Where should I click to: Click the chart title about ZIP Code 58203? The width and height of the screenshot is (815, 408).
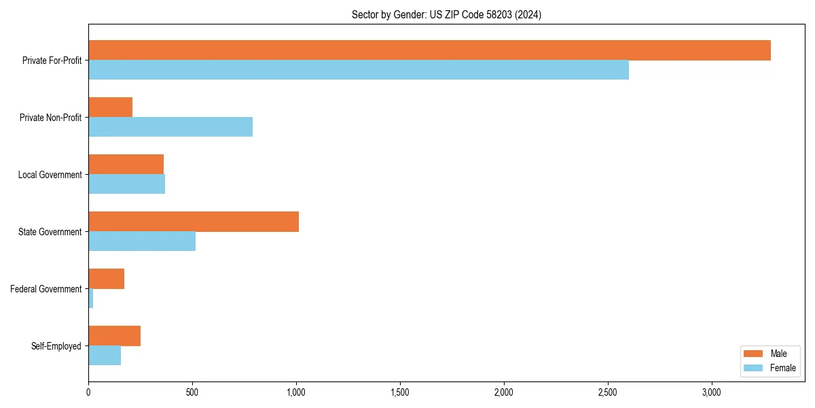pos(446,14)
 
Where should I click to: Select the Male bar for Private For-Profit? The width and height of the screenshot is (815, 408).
pos(429,50)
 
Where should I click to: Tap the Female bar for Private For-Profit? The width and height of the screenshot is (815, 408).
pos(359,70)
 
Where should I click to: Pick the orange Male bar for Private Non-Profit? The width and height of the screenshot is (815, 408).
pos(110,107)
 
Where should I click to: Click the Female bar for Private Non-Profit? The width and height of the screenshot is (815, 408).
pos(170,127)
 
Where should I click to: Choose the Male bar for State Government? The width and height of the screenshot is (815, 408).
pos(194,222)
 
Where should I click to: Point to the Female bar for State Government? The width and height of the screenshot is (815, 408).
pos(142,241)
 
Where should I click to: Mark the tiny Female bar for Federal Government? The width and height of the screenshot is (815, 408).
pos(91,299)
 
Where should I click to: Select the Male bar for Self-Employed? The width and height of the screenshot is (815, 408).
pos(114,336)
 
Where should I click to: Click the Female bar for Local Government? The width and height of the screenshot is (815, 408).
pos(126,184)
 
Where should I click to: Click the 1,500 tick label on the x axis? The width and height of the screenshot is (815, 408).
pos(400,392)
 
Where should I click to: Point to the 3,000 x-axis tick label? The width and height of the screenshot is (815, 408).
pos(711,392)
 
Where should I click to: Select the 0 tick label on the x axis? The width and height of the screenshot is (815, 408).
pos(88,392)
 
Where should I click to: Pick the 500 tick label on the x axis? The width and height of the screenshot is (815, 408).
pos(192,392)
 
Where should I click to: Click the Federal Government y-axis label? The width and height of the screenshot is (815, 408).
pos(46,289)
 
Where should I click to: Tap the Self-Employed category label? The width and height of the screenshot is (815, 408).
pos(56,346)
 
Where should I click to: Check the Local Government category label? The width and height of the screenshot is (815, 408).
pos(50,175)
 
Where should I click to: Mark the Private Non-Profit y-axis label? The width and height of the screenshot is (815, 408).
pos(50,118)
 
